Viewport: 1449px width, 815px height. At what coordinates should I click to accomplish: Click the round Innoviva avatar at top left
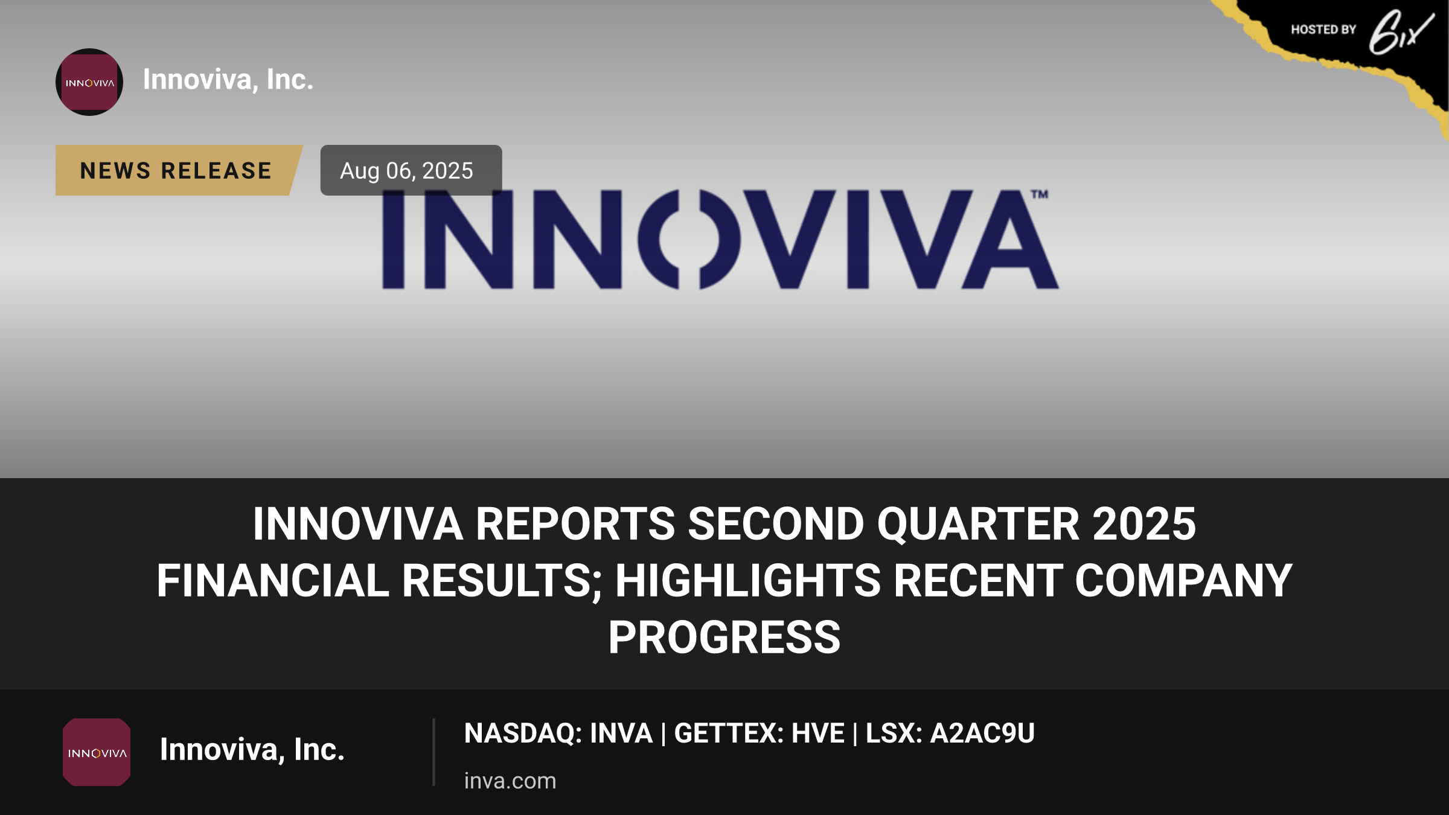click(89, 82)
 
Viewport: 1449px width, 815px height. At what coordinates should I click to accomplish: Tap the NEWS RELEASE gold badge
click(178, 170)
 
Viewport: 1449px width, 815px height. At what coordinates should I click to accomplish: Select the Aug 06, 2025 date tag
click(411, 170)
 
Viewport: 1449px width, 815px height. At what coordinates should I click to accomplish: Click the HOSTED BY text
click(1323, 30)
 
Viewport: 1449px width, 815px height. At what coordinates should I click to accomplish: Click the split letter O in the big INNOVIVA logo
click(689, 240)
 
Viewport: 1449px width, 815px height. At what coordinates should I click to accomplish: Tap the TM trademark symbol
click(1040, 194)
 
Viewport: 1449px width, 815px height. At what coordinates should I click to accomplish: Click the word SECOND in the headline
click(776, 523)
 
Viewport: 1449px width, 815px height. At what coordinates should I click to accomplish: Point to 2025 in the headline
click(1144, 523)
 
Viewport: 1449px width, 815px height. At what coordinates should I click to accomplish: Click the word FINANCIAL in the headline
click(273, 580)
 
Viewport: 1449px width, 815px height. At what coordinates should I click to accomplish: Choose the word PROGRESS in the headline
click(724, 637)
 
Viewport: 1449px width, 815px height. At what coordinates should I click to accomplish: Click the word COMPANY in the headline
click(1183, 580)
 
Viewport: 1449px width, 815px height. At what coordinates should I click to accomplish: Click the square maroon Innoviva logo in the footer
click(97, 752)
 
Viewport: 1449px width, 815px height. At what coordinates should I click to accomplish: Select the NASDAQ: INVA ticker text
click(558, 733)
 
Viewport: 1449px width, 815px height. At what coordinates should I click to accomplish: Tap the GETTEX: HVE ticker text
click(759, 733)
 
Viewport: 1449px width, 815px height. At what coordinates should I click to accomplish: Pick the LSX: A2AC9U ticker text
click(950, 733)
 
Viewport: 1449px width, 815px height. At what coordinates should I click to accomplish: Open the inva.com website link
click(510, 781)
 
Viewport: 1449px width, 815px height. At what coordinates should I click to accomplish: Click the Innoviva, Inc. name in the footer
click(252, 750)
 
